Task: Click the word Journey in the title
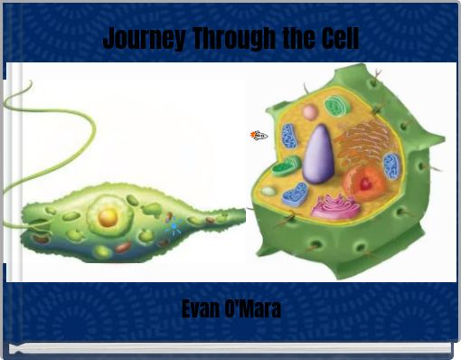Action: (136, 39)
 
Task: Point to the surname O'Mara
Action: (257, 309)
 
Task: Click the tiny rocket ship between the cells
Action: (259, 136)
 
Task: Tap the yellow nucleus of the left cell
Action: (108, 217)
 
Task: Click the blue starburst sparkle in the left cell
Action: (174, 228)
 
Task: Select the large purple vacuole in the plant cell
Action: (317, 155)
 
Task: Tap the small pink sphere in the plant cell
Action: (310, 112)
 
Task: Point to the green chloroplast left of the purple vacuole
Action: (287, 166)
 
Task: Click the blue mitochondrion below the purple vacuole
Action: (295, 194)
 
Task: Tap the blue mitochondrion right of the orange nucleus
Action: (391, 166)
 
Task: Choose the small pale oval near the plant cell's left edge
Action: (268, 191)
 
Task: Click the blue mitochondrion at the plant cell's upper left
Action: (288, 136)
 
